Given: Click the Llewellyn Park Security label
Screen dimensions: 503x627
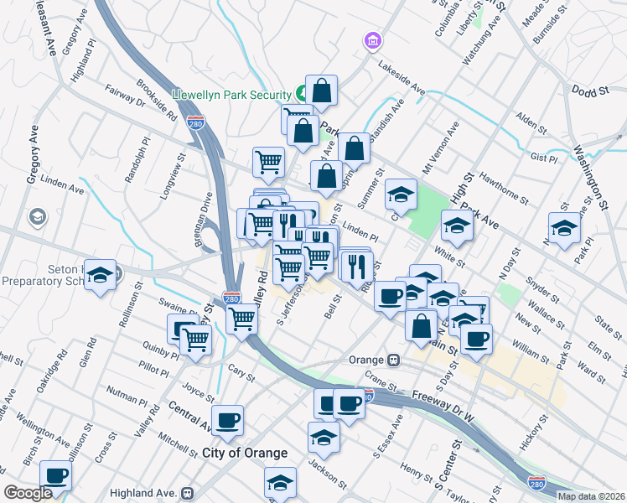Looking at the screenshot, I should tap(231, 95).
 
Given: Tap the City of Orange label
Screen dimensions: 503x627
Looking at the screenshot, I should tap(245, 453).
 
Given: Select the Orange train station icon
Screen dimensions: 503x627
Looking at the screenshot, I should tap(391, 360).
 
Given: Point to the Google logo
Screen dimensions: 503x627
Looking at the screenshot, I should tap(28, 493).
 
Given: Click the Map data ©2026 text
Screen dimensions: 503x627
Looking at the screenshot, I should tap(591, 495).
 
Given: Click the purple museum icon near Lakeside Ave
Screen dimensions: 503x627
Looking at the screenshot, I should tap(371, 40).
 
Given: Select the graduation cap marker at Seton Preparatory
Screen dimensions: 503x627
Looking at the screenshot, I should tap(100, 276).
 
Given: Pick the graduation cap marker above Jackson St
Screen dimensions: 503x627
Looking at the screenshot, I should tap(324, 437).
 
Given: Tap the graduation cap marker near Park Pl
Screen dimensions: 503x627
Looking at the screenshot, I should tap(564, 227).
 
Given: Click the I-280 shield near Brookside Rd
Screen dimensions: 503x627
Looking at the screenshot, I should tap(196, 122).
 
